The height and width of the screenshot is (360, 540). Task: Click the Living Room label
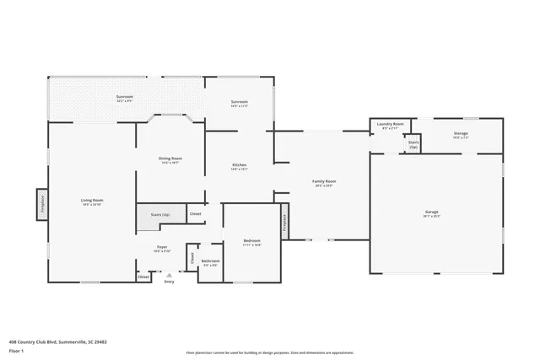point(91,201)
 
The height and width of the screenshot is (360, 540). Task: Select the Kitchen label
point(239,166)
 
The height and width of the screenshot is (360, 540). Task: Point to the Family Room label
point(325,183)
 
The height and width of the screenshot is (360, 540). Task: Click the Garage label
point(432,212)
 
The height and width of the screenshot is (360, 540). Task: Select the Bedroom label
point(252,242)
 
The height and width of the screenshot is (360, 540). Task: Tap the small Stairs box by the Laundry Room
point(413,144)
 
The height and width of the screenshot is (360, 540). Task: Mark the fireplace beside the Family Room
point(285,221)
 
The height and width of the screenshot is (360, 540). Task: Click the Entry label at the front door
point(170,281)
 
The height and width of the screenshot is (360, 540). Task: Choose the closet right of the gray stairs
point(195,214)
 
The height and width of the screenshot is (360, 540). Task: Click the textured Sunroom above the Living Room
point(125,99)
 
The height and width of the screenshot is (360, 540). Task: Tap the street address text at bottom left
point(57,341)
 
